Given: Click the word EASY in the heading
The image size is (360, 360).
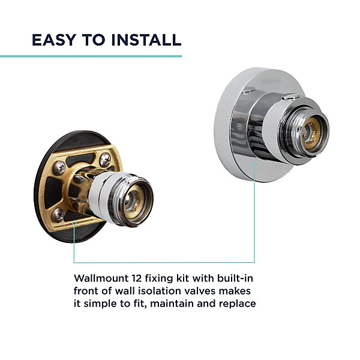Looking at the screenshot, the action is click(54, 40).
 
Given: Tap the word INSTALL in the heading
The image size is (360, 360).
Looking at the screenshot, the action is click(146, 40).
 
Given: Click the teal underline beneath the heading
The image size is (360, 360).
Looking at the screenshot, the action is click(91, 56).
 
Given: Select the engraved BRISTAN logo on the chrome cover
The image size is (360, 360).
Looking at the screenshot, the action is click(271, 81).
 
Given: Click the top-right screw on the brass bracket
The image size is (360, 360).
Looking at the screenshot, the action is click(105, 160).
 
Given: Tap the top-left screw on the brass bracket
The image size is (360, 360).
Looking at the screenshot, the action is click(59, 168).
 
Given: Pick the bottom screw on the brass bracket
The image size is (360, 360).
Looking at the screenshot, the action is click(58, 215).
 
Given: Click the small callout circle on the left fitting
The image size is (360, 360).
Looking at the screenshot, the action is click(74, 223).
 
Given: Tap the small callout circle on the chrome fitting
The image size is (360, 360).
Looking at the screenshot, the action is click(254, 164).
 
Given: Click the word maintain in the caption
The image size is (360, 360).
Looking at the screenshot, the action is click(172, 304).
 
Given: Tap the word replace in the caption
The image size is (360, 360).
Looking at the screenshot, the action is click(238, 304).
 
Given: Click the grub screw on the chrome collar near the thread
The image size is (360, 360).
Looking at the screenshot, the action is click(290, 97).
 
